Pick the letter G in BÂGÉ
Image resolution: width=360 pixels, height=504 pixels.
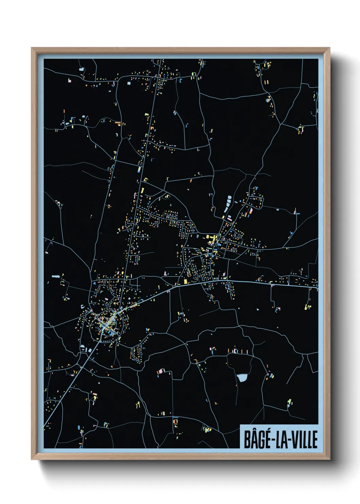coord(261,440)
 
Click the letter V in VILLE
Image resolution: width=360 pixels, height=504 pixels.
coord(295,440)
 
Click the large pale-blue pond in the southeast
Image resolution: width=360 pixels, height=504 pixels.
coord(242,378)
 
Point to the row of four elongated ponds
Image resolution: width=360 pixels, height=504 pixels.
coord(228,204)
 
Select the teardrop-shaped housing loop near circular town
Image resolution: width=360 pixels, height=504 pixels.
coord(137,353)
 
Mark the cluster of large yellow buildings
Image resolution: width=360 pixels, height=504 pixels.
coord(212,239)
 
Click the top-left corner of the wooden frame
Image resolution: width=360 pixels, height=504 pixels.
coord(32,48)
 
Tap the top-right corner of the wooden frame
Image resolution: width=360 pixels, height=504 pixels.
coord(329,48)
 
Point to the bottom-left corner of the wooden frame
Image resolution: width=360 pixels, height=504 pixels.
coord(32,459)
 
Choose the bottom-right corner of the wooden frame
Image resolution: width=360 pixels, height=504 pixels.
coord(329,459)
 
